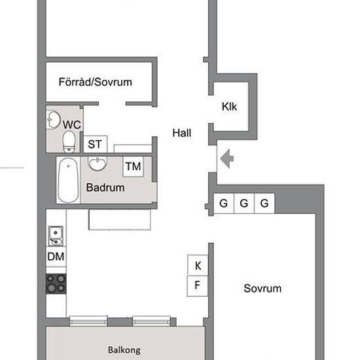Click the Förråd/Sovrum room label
(96, 82)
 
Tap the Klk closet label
(229, 107)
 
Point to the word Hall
(181, 133)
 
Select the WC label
(72, 125)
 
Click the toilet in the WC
(69, 141)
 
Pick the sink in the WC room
(53, 120)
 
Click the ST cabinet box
(96, 144)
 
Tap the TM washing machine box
(133, 166)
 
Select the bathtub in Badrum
(68, 180)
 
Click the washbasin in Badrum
(98, 164)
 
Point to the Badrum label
(105, 188)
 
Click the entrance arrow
(227, 158)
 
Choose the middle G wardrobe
(244, 204)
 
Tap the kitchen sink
(56, 236)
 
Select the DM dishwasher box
(56, 257)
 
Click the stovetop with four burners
(56, 283)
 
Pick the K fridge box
(198, 264)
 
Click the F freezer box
(198, 286)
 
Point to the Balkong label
(124, 350)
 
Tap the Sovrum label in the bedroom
(262, 289)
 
